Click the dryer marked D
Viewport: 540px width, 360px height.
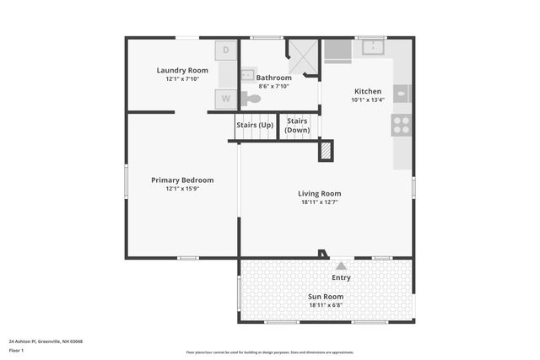(x=226, y=51)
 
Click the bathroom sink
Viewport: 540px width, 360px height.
(x=247, y=75)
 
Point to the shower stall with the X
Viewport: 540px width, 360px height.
(x=303, y=56)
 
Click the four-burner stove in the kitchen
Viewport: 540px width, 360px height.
(x=402, y=125)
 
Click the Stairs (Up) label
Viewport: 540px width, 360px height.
(x=254, y=126)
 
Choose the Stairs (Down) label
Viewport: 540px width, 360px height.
(x=297, y=126)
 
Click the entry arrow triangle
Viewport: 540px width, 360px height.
(x=341, y=266)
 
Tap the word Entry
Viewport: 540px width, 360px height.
(x=341, y=277)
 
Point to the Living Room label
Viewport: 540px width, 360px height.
(x=321, y=193)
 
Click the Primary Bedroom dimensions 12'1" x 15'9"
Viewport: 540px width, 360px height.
(x=182, y=189)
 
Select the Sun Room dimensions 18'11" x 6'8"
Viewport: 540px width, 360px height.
(x=326, y=305)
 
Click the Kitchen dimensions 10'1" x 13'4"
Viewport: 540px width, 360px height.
(x=367, y=99)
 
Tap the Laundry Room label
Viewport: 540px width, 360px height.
(x=182, y=70)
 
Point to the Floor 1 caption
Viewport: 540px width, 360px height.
(x=17, y=350)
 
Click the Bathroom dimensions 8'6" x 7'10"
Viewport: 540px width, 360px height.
(x=273, y=86)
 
